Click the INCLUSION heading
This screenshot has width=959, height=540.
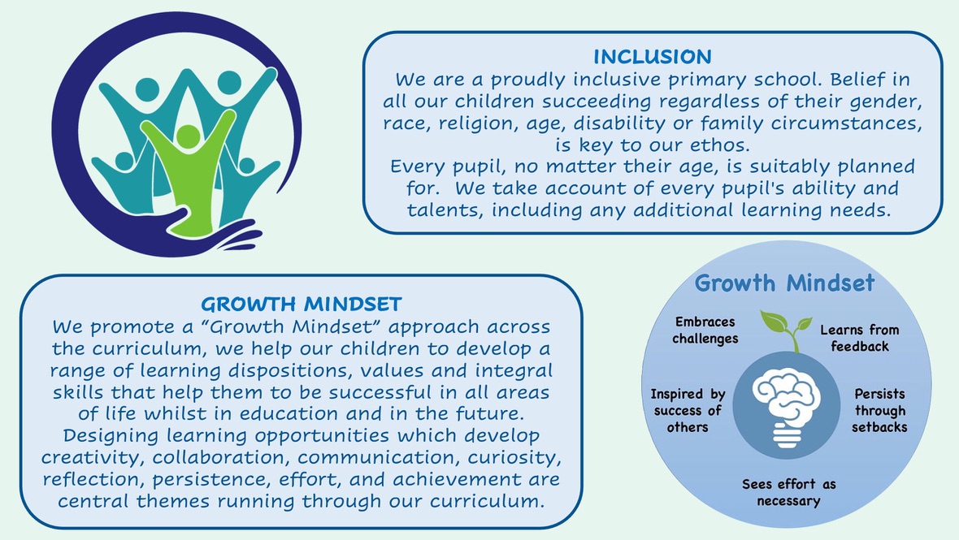coord(653,57)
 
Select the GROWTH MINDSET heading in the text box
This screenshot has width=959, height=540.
coord(301,305)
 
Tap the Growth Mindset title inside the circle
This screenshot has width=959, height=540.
coord(785,283)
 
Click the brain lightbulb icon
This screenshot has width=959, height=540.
coord(787,407)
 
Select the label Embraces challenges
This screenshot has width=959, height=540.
coord(705,330)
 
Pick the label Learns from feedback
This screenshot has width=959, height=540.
coord(859,338)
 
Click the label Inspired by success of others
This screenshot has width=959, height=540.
coord(688,411)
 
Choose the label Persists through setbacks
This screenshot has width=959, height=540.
coord(879,411)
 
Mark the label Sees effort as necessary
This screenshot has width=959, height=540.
coord(788,492)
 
